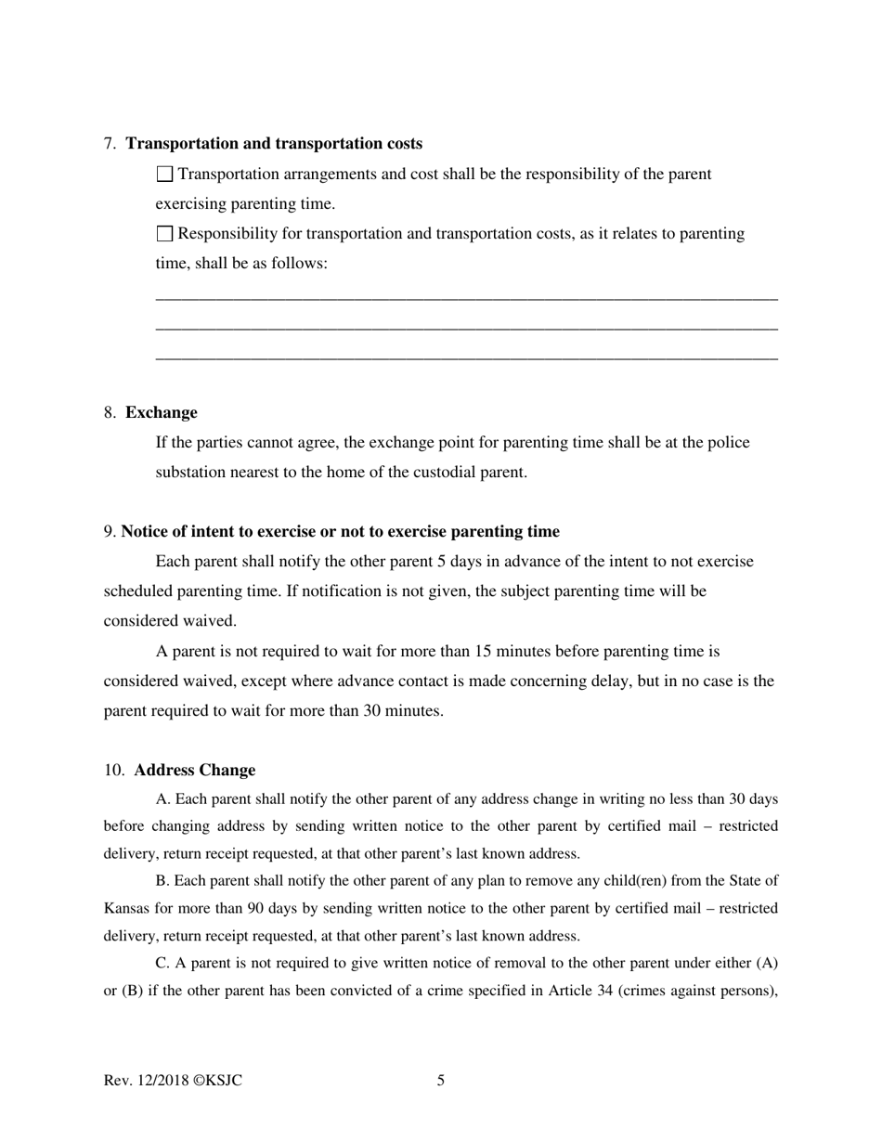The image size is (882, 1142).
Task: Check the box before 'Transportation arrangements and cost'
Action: click(x=165, y=174)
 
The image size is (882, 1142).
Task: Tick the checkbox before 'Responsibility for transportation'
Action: click(x=165, y=233)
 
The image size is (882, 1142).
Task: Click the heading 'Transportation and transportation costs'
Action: click(x=274, y=144)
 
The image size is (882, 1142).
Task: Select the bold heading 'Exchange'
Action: click(x=162, y=412)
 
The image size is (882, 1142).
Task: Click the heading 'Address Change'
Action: click(x=195, y=771)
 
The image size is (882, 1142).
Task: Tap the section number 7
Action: click(x=110, y=144)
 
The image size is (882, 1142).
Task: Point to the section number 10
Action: click(x=113, y=771)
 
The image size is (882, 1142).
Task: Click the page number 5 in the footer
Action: click(x=441, y=1081)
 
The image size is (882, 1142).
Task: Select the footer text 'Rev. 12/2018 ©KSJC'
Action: click(x=174, y=1081)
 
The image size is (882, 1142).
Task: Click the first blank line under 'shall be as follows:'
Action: click(x=466, y=298)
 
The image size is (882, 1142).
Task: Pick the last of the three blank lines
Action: click(x=466, y=357)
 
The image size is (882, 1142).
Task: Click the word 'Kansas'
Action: click(x=127, y=908)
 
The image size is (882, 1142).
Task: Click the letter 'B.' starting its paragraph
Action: click(x=163, y=881)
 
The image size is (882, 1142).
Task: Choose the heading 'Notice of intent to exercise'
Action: click(x=340, y=532)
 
